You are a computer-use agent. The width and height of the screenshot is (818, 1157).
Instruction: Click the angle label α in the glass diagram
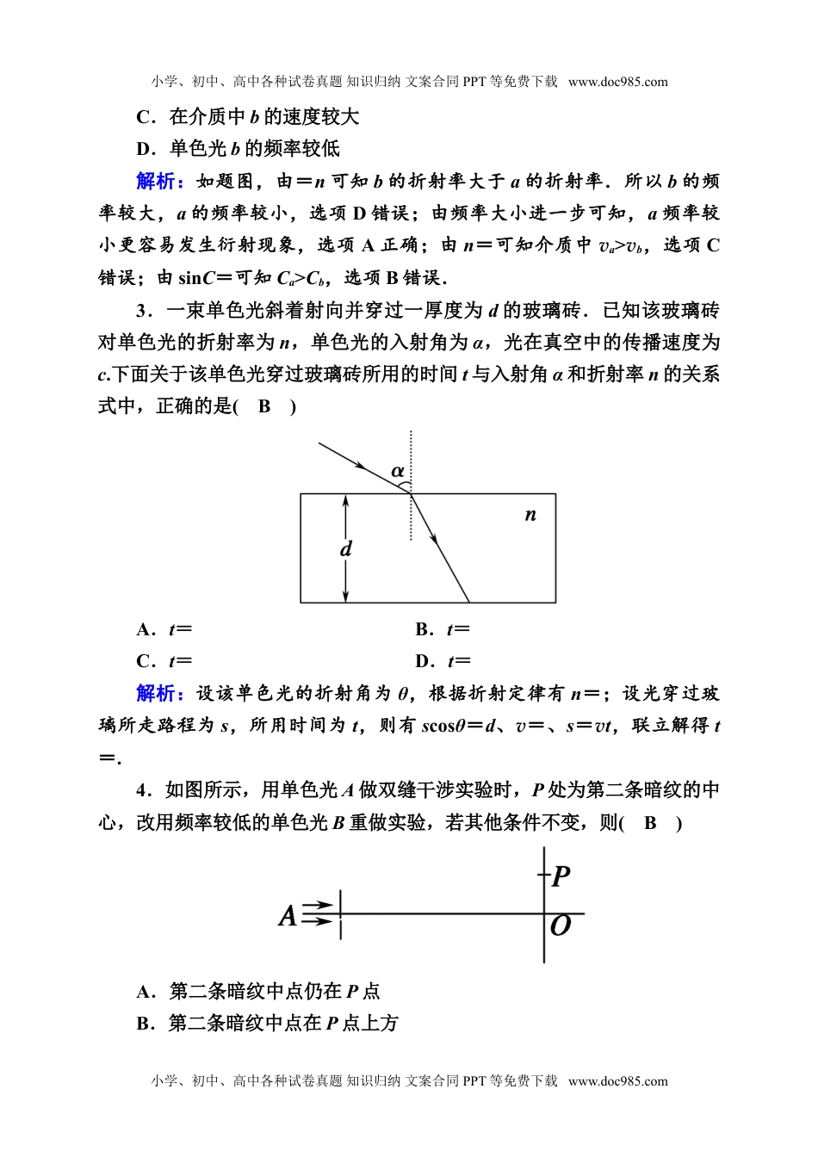point(397,471)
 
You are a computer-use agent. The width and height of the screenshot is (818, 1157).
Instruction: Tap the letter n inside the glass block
point(530,515)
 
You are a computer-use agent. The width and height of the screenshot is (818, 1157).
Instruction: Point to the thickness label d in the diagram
point(346,548)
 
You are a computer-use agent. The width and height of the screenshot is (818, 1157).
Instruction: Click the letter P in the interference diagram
point(561,877)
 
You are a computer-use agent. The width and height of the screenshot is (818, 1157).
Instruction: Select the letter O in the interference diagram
point(561,926)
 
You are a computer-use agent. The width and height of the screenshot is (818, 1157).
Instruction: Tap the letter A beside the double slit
point(288,915)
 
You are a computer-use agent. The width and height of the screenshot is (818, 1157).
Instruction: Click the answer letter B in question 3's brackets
point(264,406)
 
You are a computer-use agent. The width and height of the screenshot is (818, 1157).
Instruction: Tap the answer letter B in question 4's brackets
point(650,823)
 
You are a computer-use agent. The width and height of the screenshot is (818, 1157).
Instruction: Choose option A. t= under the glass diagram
point(164,629)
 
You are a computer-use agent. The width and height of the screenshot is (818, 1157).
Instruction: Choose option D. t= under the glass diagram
point(443,661)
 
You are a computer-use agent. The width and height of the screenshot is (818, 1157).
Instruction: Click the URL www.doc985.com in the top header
point(618,83)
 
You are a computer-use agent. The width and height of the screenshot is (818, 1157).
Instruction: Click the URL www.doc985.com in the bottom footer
point(618,1081)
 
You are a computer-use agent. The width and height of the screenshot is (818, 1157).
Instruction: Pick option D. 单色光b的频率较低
point(239,149)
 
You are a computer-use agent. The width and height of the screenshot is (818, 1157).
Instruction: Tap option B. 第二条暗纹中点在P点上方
point(268,1024)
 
